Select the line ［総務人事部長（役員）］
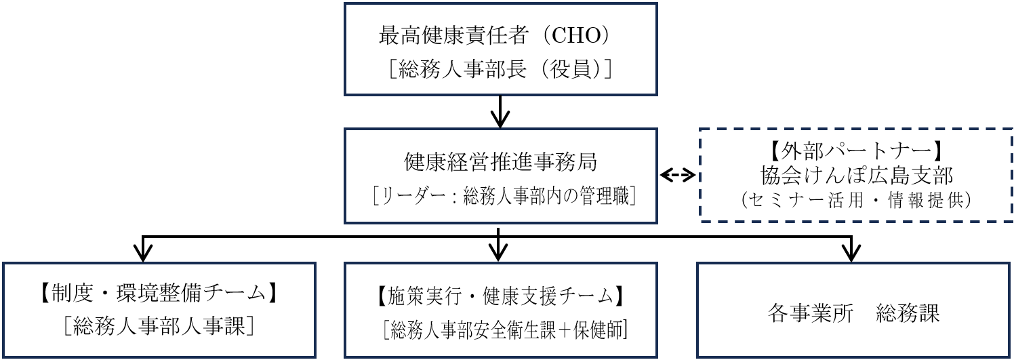pyautogui.click(x=500, y=68)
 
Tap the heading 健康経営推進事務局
pyautogui.click(x=500, y=163)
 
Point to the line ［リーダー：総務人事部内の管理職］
pyautogui.click(x=500, y=197)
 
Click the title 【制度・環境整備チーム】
pyautogui.click(x=159, y=295)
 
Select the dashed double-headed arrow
pyautogui.click(x=678, y=176)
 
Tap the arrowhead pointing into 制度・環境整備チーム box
pyautogui.click(x=142, y=254)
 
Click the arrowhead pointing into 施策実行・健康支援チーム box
pyautogui.click(x=498, y=254)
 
